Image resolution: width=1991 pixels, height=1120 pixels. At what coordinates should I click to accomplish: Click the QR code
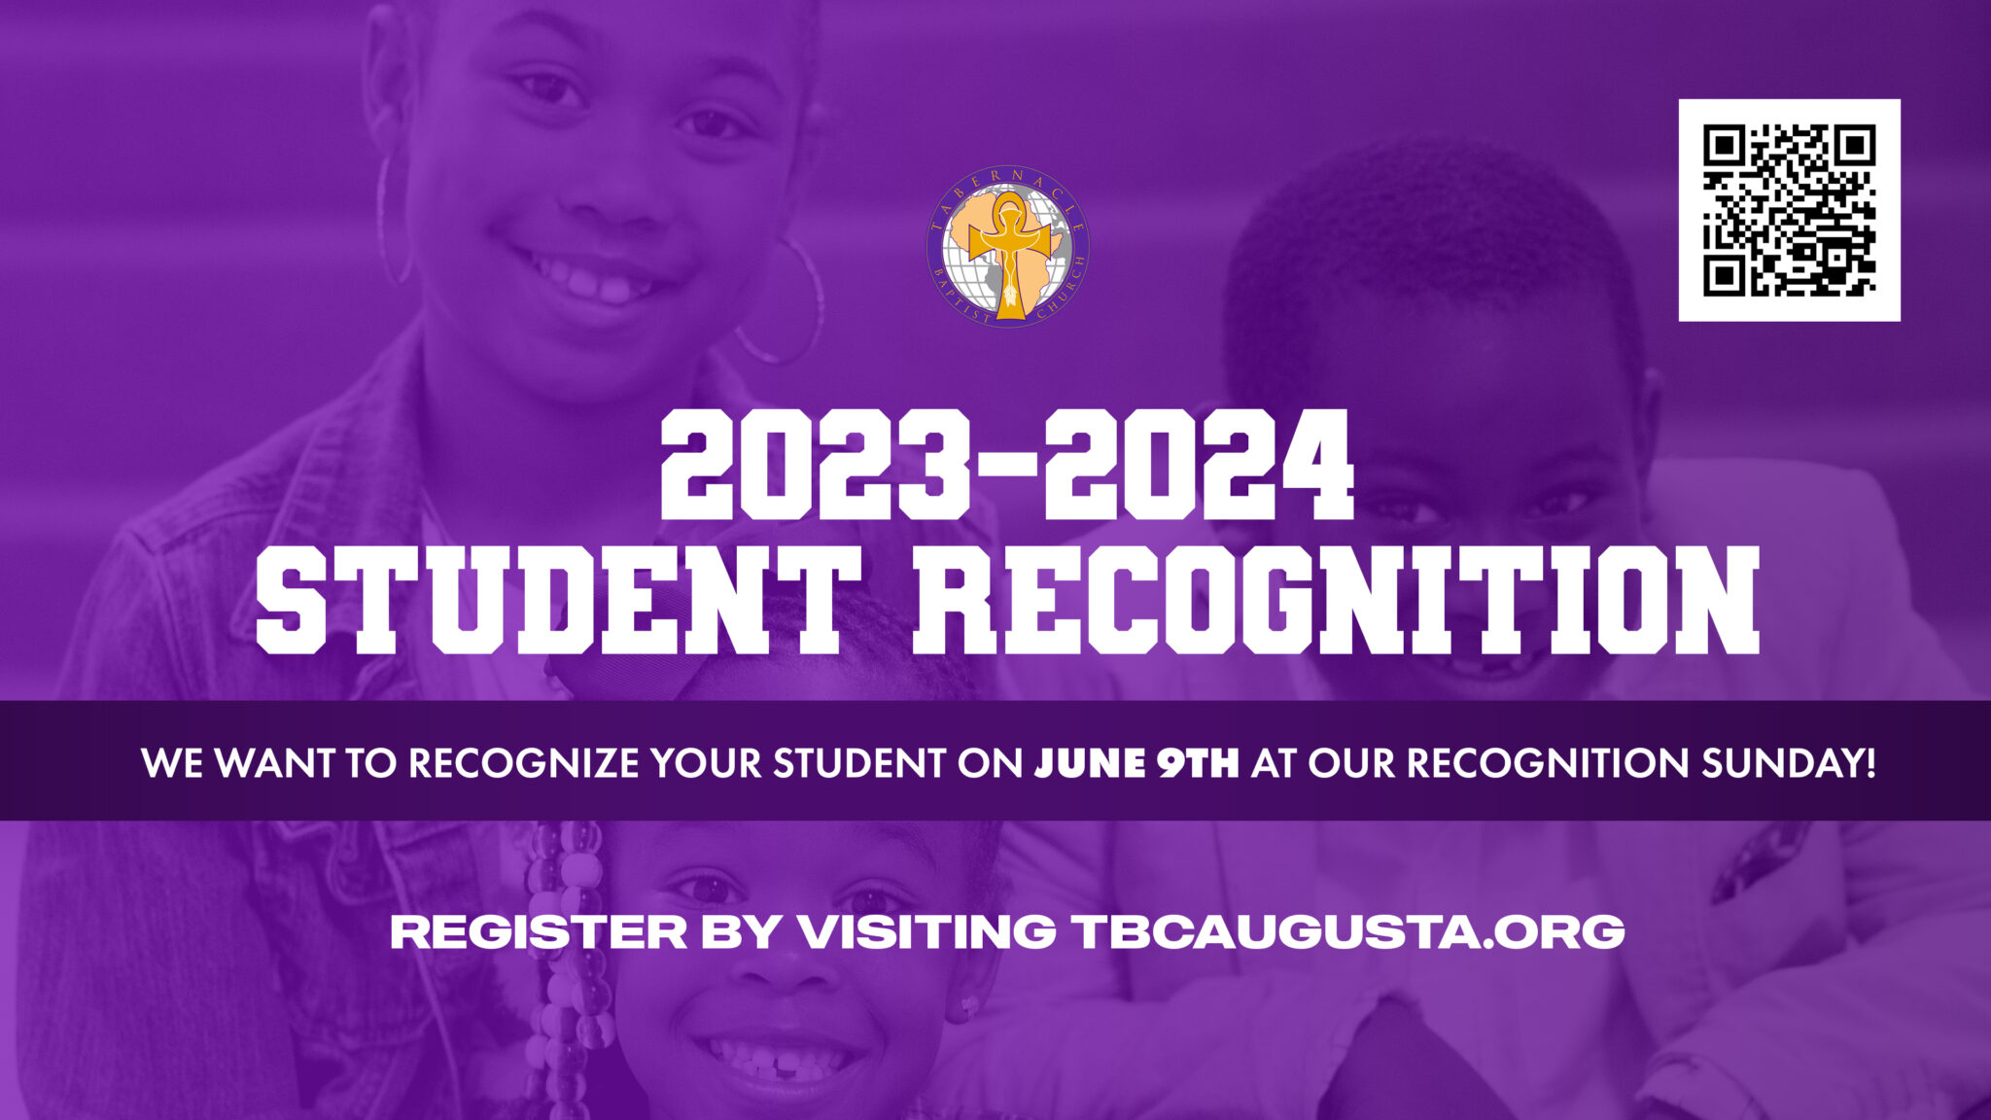point(1789,210)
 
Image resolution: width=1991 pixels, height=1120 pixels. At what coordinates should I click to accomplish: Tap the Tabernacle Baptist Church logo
point(1007,246)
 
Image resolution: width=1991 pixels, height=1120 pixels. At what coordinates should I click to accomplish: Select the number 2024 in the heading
point(1198,466)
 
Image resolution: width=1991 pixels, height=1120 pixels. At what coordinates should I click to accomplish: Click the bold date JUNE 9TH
point(1136,763)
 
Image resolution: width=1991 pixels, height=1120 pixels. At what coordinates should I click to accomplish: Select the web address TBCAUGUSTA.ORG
point(1349,931)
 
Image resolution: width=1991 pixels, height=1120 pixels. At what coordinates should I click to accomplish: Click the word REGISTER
point(539,931)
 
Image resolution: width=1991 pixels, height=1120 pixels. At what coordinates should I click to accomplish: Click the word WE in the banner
point(173,763)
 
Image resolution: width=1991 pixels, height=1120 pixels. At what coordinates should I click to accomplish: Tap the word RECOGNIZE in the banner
point(523,763)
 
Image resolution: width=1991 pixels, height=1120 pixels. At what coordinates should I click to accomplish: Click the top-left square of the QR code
point(1724,146)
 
